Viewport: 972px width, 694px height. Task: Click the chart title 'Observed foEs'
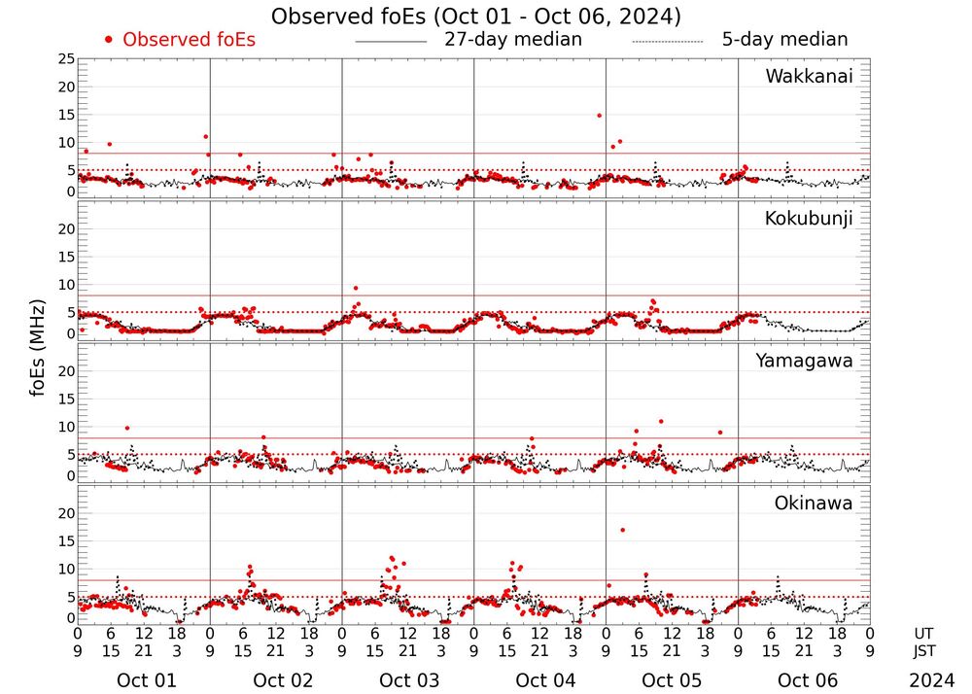click(x=475, y=17)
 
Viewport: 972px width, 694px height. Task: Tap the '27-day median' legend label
click(x=513, y=40)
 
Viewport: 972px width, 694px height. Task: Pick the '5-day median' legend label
click(x=784, y=40)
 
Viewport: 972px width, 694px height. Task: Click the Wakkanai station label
click(x=809, y=77)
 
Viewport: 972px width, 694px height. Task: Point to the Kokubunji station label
click(x=809, y=219)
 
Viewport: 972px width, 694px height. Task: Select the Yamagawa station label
click(x=805, y=362)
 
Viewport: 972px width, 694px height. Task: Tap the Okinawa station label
click(x=813, y=503)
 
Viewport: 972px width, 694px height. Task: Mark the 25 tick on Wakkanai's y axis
click(x=66, y=59)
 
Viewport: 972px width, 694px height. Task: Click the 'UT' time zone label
click(x=923, y=633)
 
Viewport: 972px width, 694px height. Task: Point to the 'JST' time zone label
click(x=925, y=651)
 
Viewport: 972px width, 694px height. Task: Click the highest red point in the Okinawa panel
click(x=622, y=530)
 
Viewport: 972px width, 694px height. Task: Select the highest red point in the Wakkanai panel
click(x=599, y=116)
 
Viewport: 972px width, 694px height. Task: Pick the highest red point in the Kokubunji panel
click(x=356, y=289)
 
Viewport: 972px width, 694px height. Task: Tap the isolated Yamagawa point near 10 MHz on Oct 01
click(x=126, y=429)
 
